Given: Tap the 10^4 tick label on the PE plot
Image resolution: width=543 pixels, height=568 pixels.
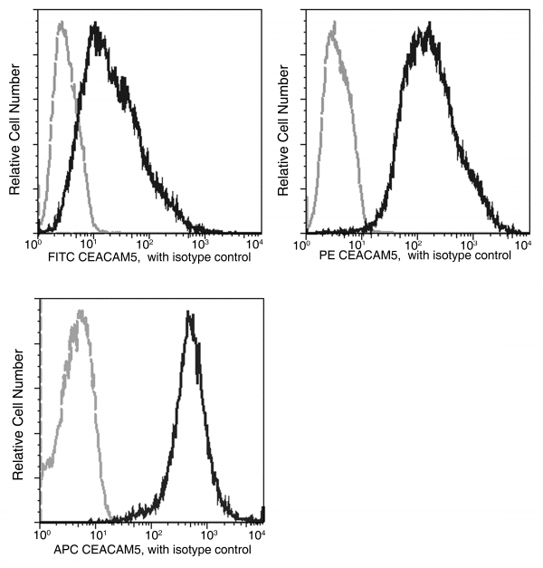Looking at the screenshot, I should (x=522, y=245).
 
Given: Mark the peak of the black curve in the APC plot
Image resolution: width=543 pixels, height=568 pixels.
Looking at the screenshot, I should (x=189, y=313).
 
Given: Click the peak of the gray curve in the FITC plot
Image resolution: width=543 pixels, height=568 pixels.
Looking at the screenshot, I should (x=62, y=24).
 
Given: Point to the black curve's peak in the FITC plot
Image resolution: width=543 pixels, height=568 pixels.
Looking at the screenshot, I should (x=95, y=26).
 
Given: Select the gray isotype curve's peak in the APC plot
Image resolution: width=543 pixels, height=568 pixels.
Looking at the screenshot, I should (x=82, y=313).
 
